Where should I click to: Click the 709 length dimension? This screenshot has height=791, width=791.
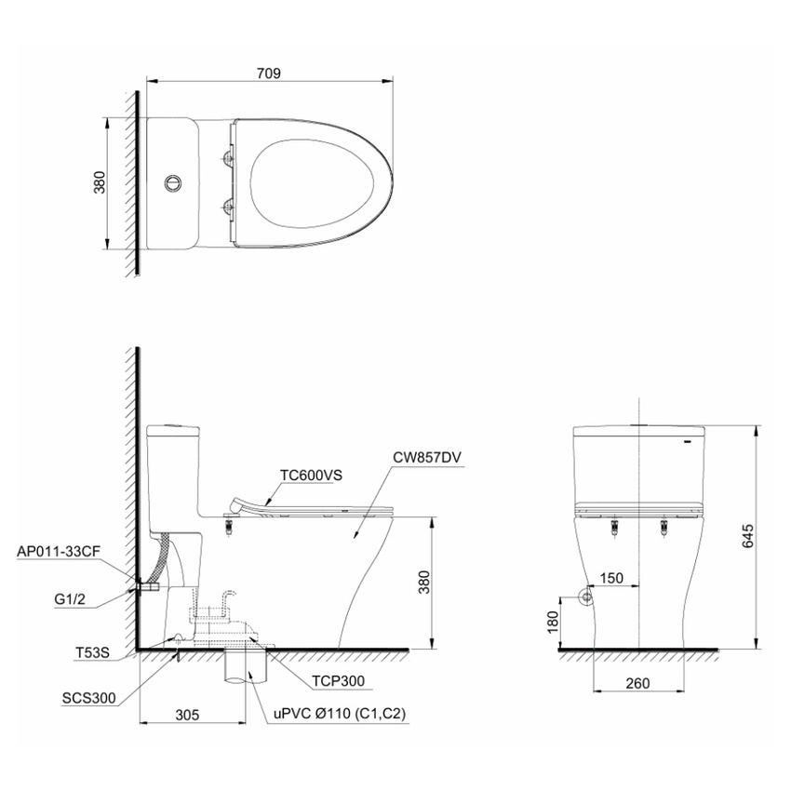(268, 74)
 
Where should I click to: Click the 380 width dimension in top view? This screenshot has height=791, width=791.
(100, 182)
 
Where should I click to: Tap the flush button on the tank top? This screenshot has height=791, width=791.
(172, 182)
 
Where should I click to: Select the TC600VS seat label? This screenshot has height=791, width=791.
(311, 476)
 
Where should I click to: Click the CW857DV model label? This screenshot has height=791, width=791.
(427, 457)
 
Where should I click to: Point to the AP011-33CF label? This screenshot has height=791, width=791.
(59, 552)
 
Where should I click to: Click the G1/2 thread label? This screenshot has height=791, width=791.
(70, 599)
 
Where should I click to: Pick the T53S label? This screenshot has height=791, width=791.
(92, 652)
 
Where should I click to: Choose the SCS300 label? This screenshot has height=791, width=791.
(88, 698)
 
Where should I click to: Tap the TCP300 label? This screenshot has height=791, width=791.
(338, 681)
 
